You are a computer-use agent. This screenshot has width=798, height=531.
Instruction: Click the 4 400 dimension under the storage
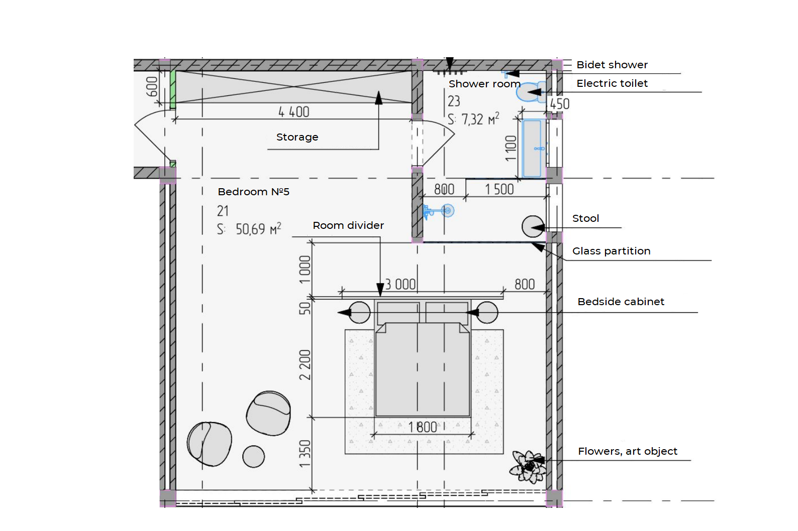click(294, 112)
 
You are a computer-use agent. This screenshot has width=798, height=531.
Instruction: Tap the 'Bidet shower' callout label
click(612, 65)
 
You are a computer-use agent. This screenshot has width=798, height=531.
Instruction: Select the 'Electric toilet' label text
click(612, 83)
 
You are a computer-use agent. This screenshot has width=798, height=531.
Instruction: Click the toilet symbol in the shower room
click(531, 92)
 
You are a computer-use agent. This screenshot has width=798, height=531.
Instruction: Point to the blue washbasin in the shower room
click(533, 148)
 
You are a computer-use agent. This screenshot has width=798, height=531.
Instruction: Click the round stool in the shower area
click(533, 226)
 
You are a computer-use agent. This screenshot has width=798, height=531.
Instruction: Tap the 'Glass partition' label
click(612, 251)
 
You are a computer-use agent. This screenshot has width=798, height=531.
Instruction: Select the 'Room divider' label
click(348, 225)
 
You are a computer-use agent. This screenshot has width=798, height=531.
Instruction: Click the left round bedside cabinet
click(359, 313)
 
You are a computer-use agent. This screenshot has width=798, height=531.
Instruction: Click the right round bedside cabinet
click(486, 313)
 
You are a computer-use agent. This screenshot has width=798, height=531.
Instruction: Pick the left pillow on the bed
click(398, 313)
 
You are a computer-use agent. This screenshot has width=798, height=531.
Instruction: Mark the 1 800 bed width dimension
click(423, 427)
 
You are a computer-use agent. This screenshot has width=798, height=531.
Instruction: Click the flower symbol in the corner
click(529, 467)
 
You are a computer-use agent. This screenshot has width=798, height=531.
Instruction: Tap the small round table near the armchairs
click(253, 457)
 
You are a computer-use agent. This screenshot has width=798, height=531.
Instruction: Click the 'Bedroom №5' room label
click(254, 192)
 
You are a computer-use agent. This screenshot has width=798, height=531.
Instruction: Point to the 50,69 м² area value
click(258, 229)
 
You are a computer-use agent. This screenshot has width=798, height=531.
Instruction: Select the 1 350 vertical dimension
click(305, 454)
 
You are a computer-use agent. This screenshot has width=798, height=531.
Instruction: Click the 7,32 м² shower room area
click(480, 119)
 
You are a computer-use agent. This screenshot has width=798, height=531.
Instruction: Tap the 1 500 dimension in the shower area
click(499, 189)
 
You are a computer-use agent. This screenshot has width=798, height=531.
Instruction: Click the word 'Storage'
click(297, 138)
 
